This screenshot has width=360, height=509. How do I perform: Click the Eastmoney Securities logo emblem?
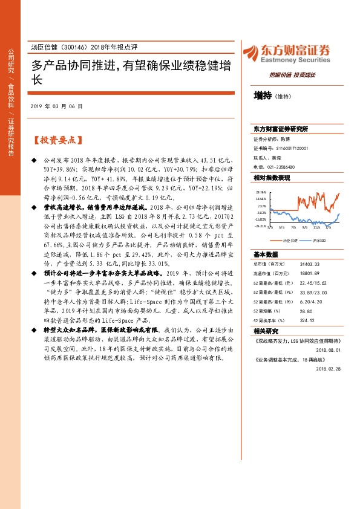pos(251,51)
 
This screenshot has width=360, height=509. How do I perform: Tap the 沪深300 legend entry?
pos(319,240)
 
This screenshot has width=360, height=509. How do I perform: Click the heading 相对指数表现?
pos(272,178)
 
